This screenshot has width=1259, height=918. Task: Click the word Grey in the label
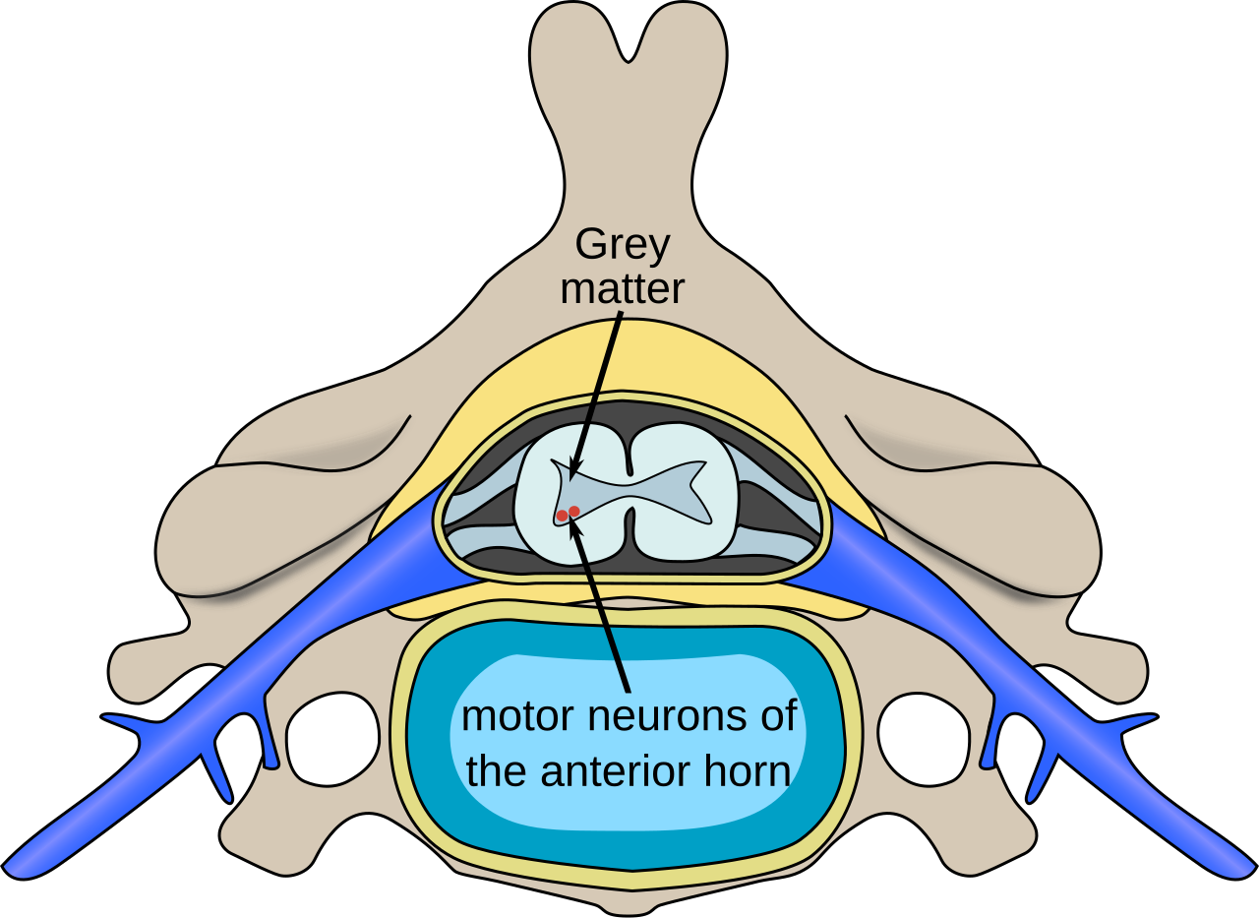point(622,246)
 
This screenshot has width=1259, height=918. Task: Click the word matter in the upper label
point(622,290)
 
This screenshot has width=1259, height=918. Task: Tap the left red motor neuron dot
point(562,516)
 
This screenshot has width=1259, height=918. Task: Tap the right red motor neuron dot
point(574,511)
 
